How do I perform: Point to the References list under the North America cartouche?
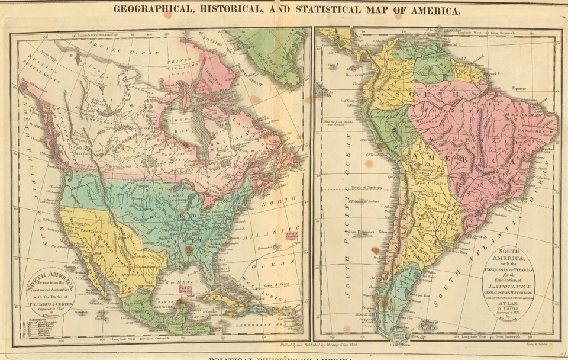click(x=41, y=329)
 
